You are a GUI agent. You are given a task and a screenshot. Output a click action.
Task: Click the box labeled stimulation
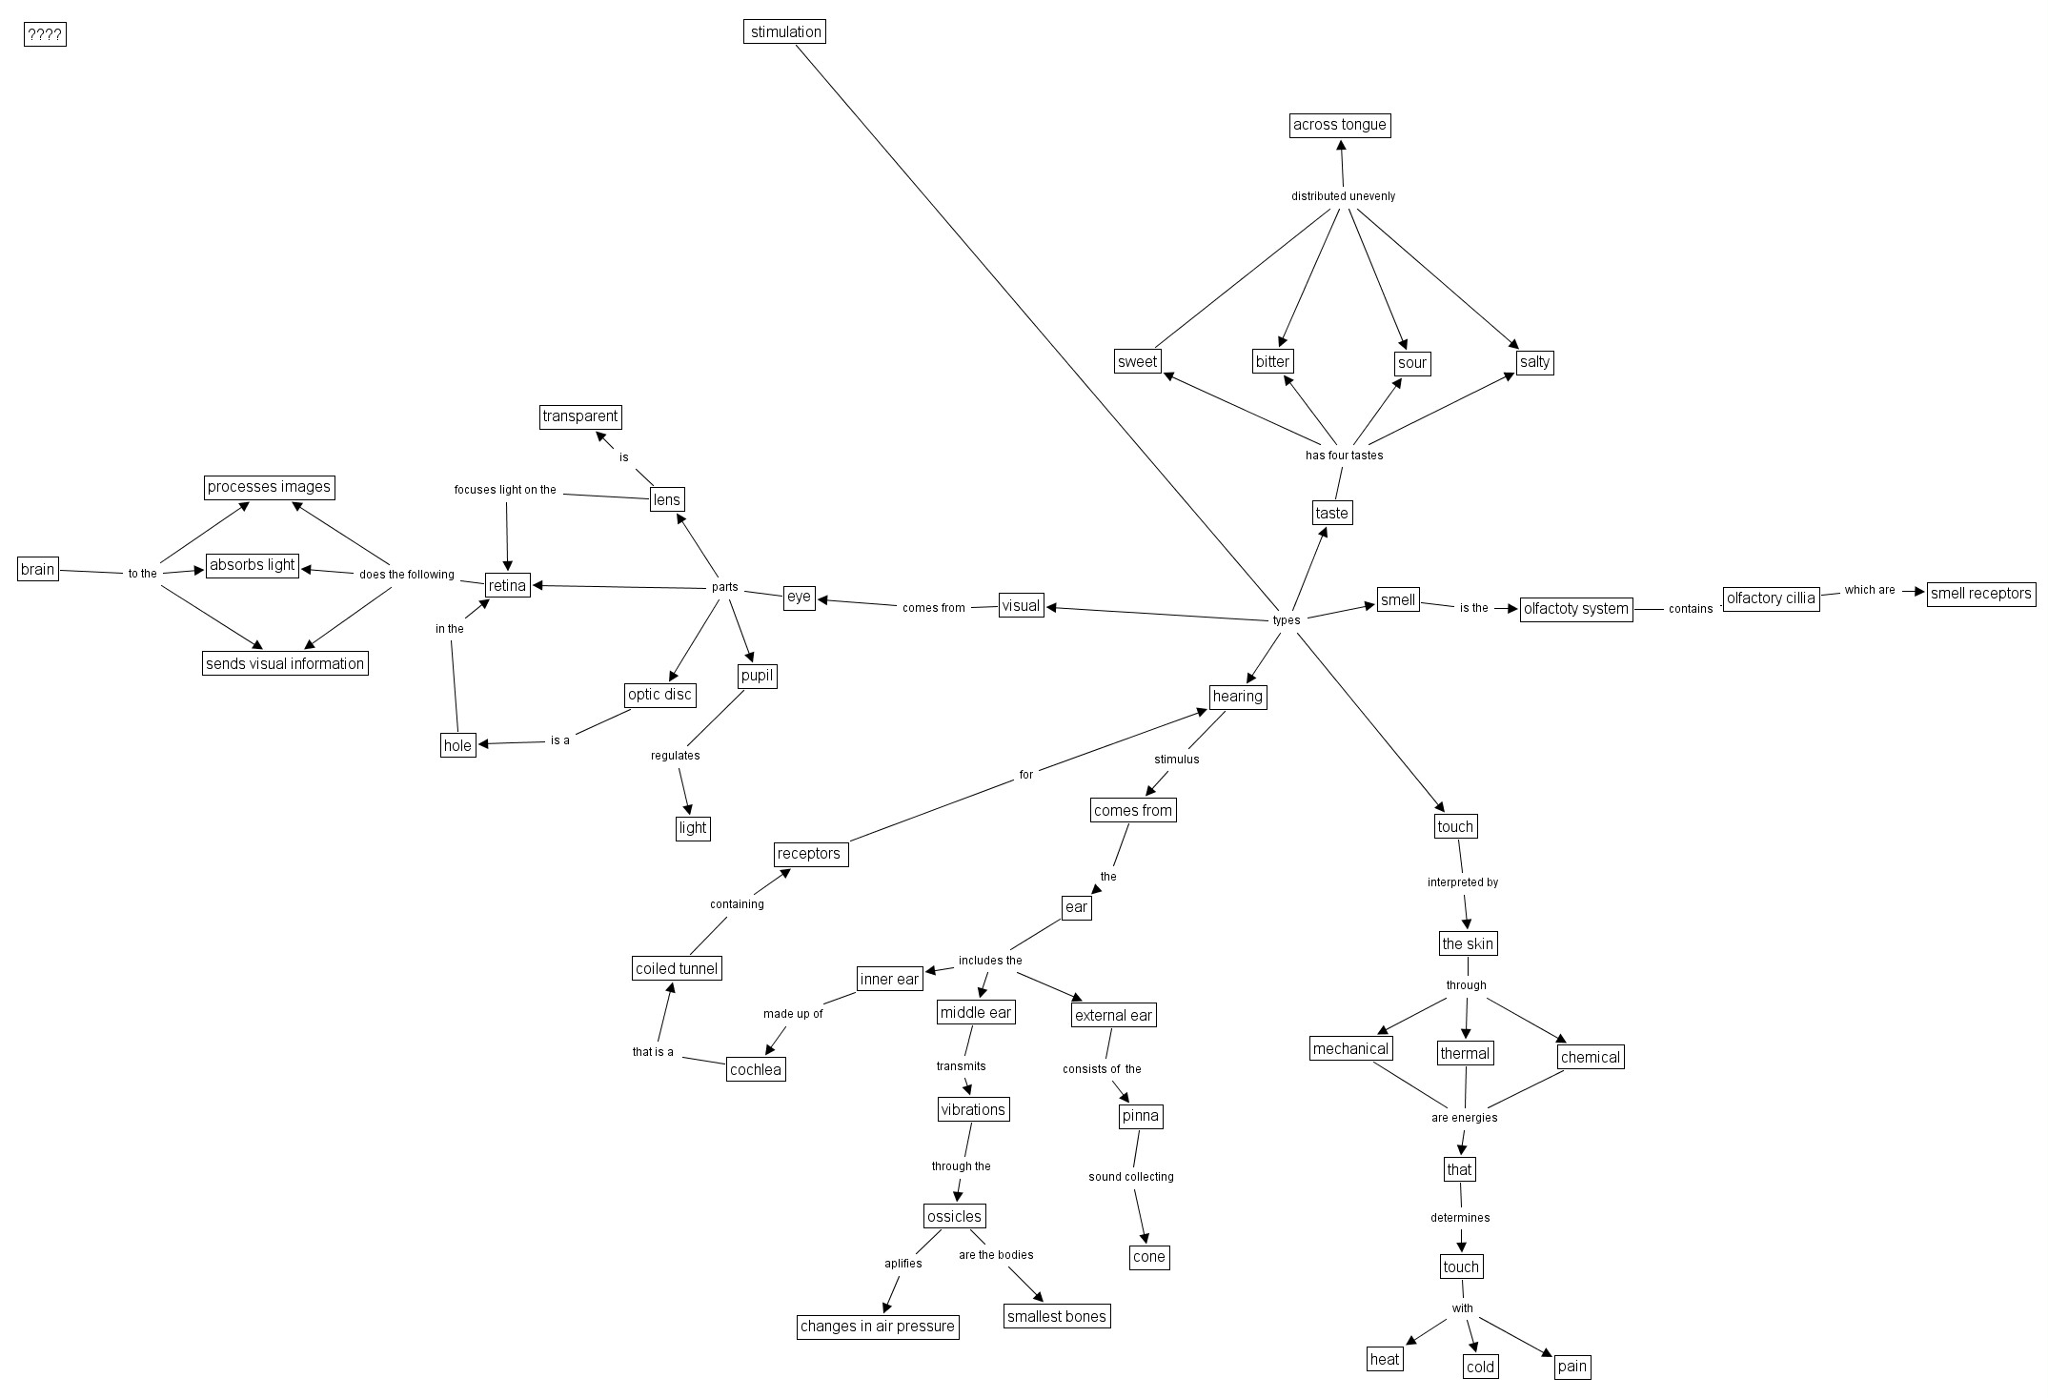click(784, 32)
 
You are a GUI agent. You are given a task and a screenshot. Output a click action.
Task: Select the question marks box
click(45, 35)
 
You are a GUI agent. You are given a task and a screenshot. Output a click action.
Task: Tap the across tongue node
click(1339, 125)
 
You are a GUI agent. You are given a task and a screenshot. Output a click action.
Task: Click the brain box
click(38, 570)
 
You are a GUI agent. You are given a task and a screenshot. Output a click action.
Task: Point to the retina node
click(507, 585)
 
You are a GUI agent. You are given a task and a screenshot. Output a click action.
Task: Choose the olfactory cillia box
click(1771, 598)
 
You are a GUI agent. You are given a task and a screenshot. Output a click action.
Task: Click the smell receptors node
click(1980, 594)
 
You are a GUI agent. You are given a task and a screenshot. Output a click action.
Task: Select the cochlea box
click(756, 1069)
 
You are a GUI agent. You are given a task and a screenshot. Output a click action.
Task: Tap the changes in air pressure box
click(877, 1327)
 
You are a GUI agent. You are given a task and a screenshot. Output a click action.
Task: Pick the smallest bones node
click(1057, 1316)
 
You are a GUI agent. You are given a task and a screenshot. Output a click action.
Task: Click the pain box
click(1571, 1367)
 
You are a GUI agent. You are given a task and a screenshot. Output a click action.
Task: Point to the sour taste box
click(1411, 363)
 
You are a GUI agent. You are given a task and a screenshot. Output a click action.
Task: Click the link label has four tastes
click(1344, 456)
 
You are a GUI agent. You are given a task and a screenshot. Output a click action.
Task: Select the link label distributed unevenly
click(1343, 196)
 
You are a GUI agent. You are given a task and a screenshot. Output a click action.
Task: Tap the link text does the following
click(406, 575)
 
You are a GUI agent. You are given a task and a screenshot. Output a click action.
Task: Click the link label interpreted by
click(1462, 882)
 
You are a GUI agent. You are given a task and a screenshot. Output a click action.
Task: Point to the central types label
click(1286, 620)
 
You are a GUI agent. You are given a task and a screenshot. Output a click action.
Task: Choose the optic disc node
click(659, 695)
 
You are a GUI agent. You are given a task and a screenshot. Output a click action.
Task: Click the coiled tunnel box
click(677, 969)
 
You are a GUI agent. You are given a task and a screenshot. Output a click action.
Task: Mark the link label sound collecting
click(1131, 1177)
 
